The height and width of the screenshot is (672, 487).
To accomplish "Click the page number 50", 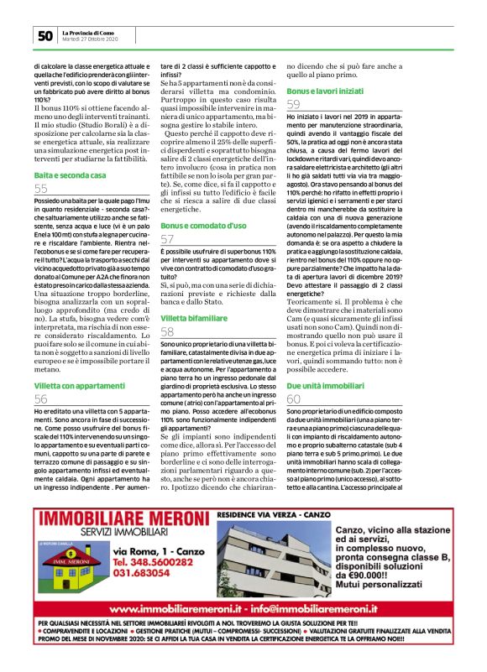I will (x=44, y=35).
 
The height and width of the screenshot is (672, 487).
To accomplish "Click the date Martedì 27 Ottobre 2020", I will (x=90, y=39).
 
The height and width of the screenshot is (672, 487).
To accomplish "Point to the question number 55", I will (x=41, y=188).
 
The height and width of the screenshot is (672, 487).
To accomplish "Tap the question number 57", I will (x=168, y=240).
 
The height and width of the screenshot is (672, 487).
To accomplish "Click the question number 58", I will (x=168, y=333).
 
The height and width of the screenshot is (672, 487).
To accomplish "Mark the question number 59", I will (x=294, y=104).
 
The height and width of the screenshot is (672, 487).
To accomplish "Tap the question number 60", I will (x=294, y=399).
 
